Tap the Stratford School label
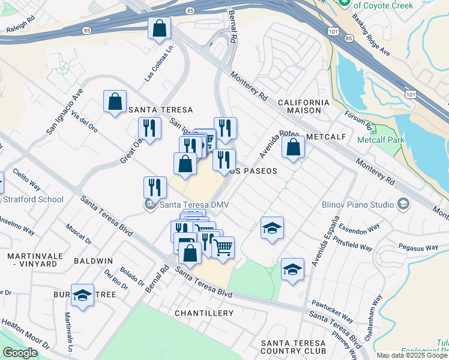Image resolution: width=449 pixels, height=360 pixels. click(x=33, y=199)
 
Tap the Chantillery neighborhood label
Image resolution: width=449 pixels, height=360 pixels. click(x=203, y=314)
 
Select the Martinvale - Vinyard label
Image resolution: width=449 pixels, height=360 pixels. click(x=35, y=260)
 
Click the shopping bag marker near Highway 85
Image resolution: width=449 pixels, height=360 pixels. click(x=160, y=28)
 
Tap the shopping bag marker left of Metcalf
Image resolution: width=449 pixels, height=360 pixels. click(x=293, y=148)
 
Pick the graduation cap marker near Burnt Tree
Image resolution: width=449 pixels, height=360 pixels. click(x=82, y=295)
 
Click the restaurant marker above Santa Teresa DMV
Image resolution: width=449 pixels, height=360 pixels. click(x=155, y=187)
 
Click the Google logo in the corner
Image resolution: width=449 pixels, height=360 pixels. click(x=20, y=353)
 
